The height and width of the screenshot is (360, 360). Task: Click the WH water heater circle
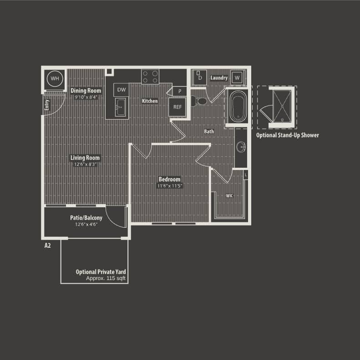coord(55,79)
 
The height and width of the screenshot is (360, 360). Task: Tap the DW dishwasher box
coord(121,90)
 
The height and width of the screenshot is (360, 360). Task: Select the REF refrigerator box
coord(177,108)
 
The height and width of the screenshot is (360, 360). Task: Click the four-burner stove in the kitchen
coord(150,76)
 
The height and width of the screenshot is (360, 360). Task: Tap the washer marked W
coord(237,78)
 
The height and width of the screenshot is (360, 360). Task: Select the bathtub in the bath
coord(238,107)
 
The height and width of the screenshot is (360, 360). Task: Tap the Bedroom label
coord(169,179)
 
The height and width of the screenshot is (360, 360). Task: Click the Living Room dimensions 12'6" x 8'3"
coord(85,164)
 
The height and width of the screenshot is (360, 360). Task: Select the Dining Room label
coord(86,90)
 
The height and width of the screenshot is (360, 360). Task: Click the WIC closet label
coord(230,195)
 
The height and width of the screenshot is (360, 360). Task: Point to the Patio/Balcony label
coord(86,218)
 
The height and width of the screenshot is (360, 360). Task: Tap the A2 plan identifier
coord(47,245)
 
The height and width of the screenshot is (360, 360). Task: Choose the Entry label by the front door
coord(47,105)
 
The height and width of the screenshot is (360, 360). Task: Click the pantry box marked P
coord(180,91)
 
